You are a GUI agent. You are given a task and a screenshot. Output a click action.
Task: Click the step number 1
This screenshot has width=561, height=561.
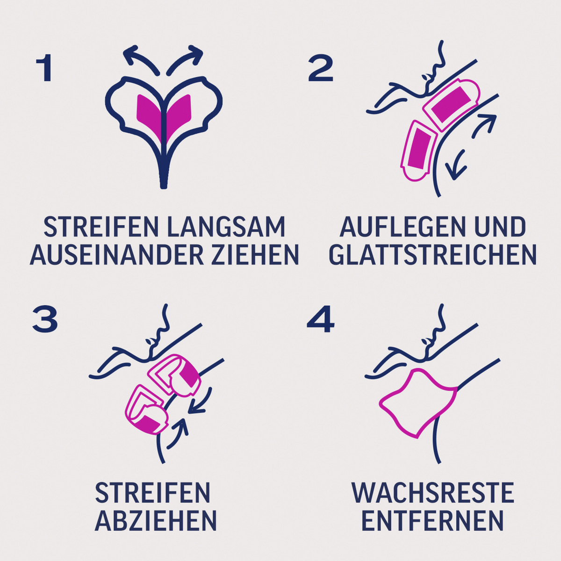click(45, 69)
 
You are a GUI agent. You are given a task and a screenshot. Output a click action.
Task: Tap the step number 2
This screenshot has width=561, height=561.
click(321, 69)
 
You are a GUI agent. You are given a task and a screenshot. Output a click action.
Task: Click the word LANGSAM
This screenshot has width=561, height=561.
click(225, 227)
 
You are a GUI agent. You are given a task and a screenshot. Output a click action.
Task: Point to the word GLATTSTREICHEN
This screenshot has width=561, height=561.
click(432, 255)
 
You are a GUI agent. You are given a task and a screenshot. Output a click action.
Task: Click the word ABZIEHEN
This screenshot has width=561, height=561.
click(156, 520)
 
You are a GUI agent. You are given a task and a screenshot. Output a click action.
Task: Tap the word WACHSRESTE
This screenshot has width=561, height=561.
click(432, 493)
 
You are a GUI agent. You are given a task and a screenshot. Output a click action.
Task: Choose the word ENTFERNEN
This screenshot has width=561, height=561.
click(432, 520)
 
